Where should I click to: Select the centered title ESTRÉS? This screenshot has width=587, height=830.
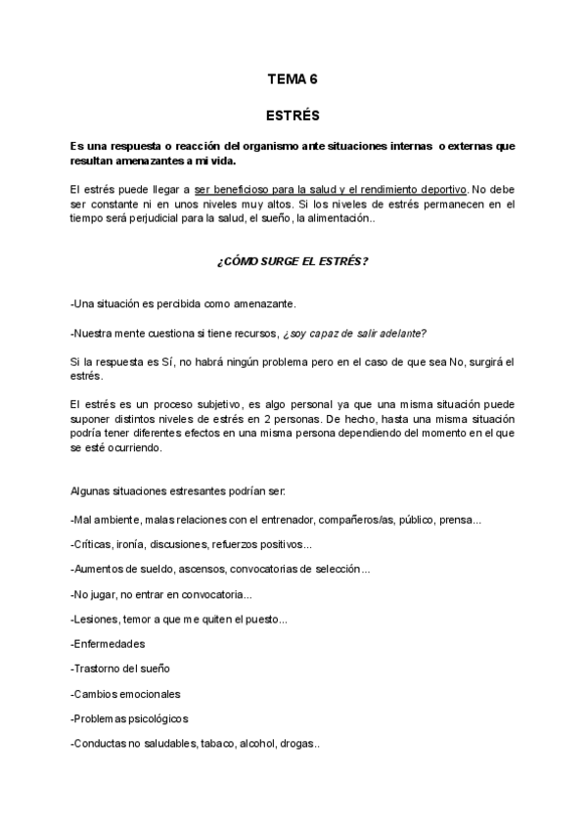293,115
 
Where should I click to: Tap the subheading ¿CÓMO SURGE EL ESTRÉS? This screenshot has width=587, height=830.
293,263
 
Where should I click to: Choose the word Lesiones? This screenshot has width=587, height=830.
97,619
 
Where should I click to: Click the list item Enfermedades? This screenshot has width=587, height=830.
109,644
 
